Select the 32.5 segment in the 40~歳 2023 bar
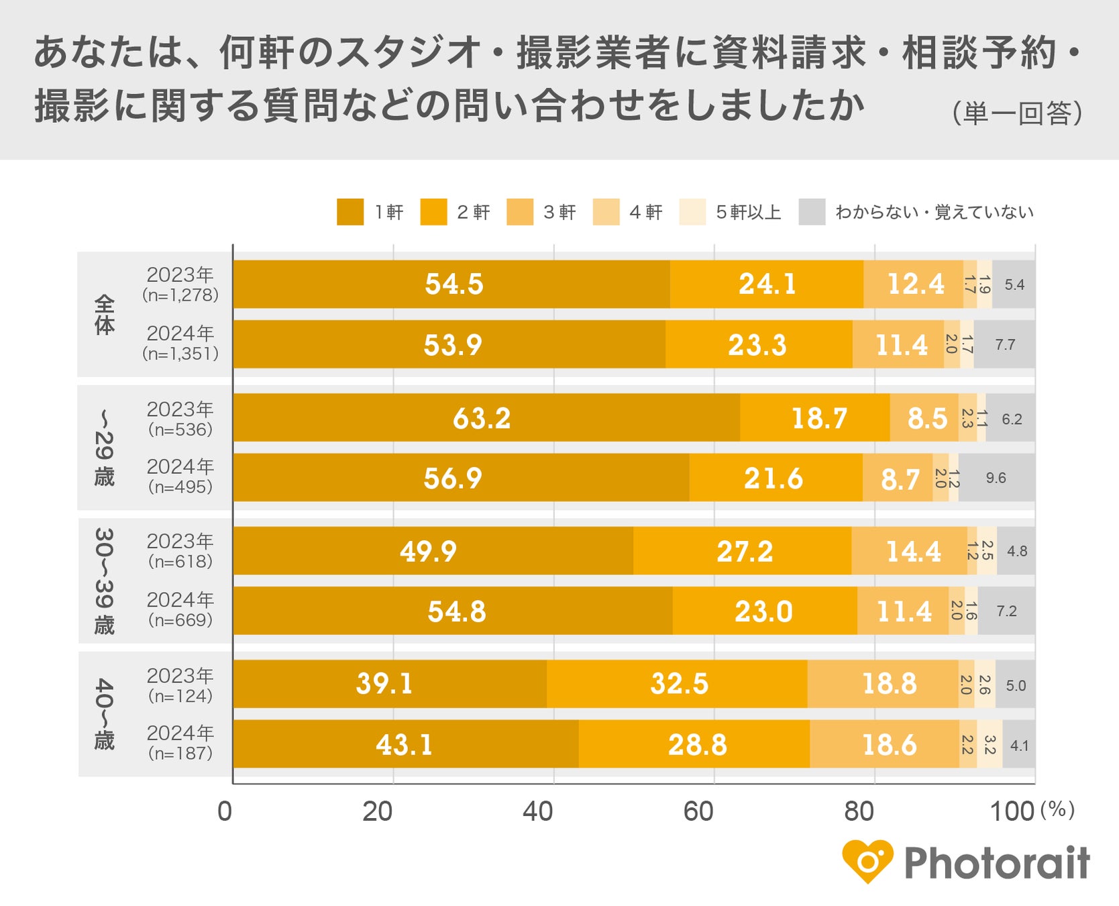pos(677,684)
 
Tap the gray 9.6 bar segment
pos(996,478)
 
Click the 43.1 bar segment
pos(405,744)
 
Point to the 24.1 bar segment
pos(766,284)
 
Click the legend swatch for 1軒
pos(350,212)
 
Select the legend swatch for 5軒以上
pos(692,212)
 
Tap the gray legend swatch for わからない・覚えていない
pos(812,212)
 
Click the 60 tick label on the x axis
pos(698,811)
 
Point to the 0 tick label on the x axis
pos(225,811)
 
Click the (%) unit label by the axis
pos(1057,809)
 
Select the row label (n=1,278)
pos(180,295)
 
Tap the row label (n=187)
pos(180,754)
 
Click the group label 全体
pos(105,314)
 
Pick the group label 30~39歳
pos(105,581)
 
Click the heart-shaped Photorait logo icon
pos(867,861)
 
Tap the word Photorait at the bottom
pos(997,863)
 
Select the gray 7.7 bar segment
pos(1004,344)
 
